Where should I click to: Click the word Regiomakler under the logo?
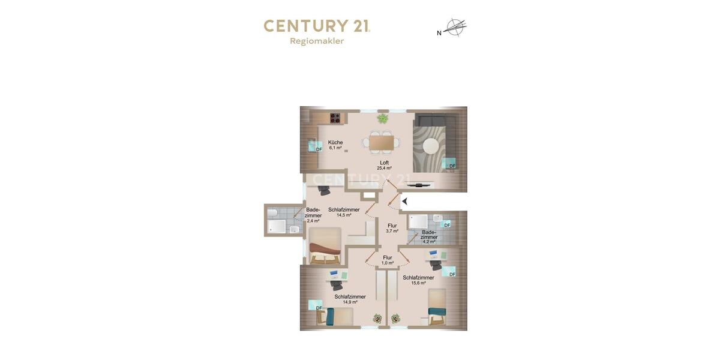[x=317, y=41]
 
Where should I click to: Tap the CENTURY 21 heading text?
[x=317, y=26]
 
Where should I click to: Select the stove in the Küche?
[x=335, y=118]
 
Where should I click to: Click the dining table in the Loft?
[x=382, y=143]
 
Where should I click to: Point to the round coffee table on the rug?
[x=431, y=146]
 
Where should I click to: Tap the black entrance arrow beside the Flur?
[x=405, y=202]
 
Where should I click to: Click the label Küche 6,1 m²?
[x=335, y=145]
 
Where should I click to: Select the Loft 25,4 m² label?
[x=384, y=165]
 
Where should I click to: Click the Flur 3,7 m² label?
[x=392, y=228]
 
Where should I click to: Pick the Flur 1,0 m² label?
[x=388, y=260]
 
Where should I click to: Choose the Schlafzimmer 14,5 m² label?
[x=344, y=212]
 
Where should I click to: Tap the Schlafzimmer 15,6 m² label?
[x=418, y=280]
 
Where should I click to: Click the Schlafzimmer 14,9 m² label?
[x=350, y=299]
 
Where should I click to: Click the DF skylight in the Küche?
[x=315, y=146]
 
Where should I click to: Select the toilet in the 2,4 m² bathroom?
[x=272, y=213]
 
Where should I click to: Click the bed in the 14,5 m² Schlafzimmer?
[x=325, y=245]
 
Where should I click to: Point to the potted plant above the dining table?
[x=382, y=119]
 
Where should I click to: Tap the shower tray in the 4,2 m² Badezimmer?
[x=418, y=221]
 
